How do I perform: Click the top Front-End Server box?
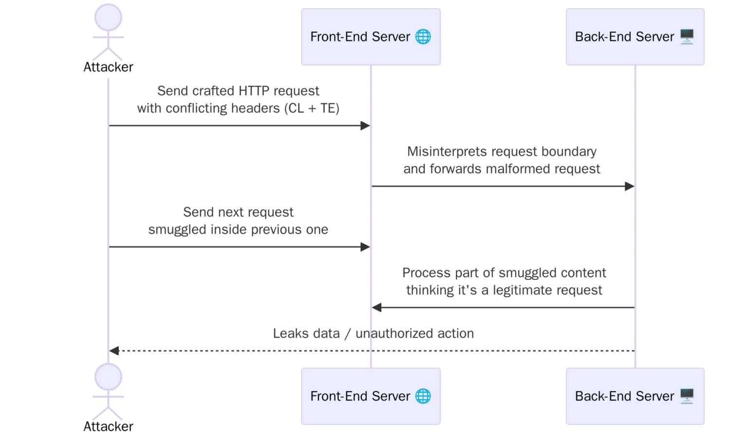(x=370, y=37)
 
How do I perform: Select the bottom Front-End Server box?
(x=370, y=396)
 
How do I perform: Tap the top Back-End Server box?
(x=635, y=37)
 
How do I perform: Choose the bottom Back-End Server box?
(x=635, y=396)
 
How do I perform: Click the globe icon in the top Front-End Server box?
(x=423, y=36)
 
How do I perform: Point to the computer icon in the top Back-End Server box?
(x=687, y=36)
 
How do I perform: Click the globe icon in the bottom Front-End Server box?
(x=423, y=396)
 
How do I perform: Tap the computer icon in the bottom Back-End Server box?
(x=687, y=396)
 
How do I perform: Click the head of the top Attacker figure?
(x=108, y=18)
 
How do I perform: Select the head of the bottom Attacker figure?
(x=108, y=377)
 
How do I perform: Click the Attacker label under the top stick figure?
(x=108, y=67)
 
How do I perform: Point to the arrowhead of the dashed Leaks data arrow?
(x=114, y=350)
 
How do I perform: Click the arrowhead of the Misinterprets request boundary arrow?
(x=629, y=186)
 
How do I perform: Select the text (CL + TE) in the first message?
(x=312, y=108)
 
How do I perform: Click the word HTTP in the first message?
(x=254, y=91)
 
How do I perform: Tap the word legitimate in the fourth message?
(x=523, y=290)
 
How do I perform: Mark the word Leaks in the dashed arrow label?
(x=290, y=333)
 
